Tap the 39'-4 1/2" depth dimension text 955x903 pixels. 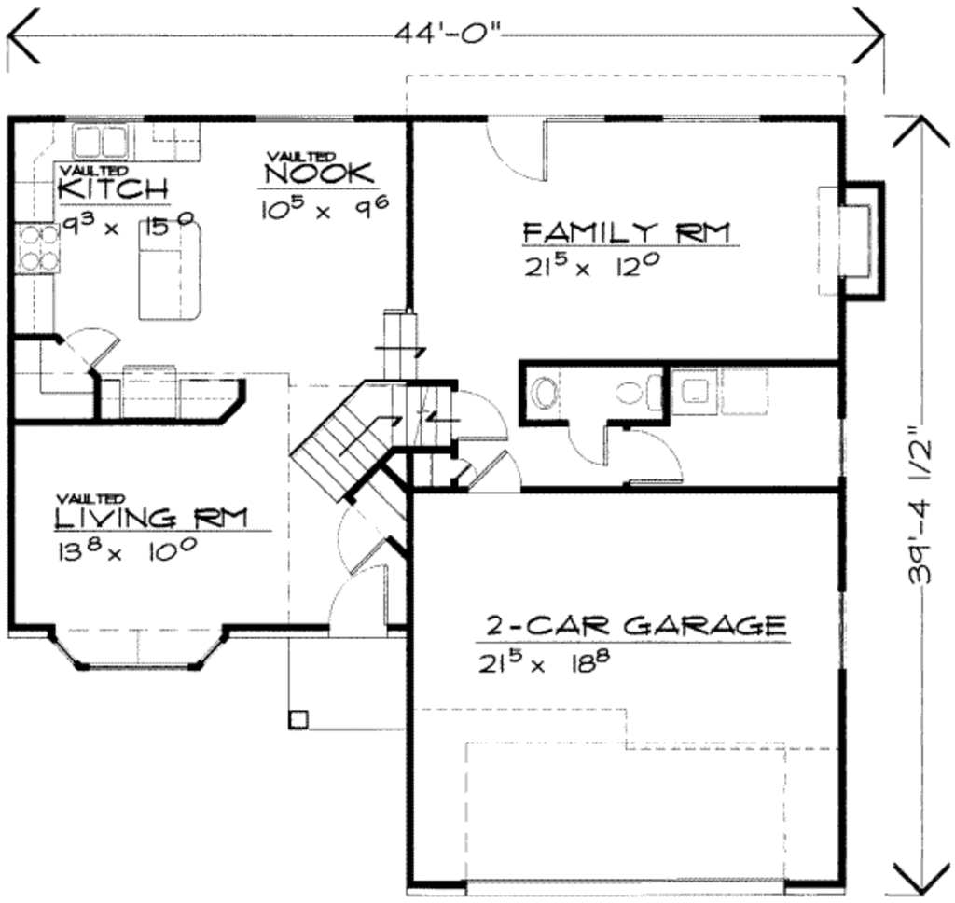(x=920, y=504)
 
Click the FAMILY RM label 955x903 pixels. (x=627, y=232)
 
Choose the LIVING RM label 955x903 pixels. (x=152, y=518)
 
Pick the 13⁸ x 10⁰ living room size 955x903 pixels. (x=126, y=549)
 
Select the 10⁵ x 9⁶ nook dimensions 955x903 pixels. (x=325, y=209)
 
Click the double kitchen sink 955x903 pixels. (x=99, y=142)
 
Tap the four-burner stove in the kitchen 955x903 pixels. (x=38, y=248)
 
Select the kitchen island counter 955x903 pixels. (x=170, y=271)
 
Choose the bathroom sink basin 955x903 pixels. (x=543, y=392)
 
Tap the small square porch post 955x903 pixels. (x=298, y=719)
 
